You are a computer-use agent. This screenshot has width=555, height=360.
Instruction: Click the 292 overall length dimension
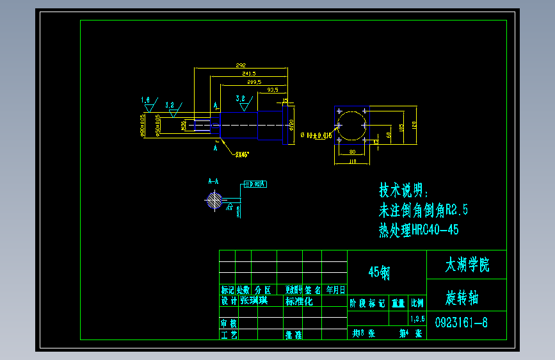(x=241, y=66)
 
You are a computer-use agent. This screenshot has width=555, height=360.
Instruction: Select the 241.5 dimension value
(x=250, y=74)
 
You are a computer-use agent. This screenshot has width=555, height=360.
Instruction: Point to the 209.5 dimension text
(x=253, y=82)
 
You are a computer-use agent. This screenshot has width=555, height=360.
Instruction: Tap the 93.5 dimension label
(x=273, y=90)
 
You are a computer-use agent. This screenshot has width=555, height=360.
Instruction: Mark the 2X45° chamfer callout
(x=242, y=154)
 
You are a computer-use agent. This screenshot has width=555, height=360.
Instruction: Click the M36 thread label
(x=183, y=124)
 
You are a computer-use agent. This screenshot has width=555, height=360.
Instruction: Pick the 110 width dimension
(x=351, y=162)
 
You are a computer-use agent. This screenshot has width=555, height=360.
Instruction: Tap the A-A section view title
(x=213, y=181)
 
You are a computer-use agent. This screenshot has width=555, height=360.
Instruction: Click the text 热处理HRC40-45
(x=419, y=230)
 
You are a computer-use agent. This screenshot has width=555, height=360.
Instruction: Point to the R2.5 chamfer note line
(x=423, y=210)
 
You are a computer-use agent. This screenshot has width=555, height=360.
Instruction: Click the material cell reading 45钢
(x=379, y=273)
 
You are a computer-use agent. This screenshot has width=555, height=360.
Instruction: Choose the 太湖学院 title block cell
(x=467, y=265)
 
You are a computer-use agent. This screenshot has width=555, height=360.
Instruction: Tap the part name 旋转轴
(x=462, y=299)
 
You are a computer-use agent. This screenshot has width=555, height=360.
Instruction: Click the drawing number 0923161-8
(x=461, y=323)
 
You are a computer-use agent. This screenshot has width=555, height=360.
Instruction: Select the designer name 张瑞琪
(x=253, y=300)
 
